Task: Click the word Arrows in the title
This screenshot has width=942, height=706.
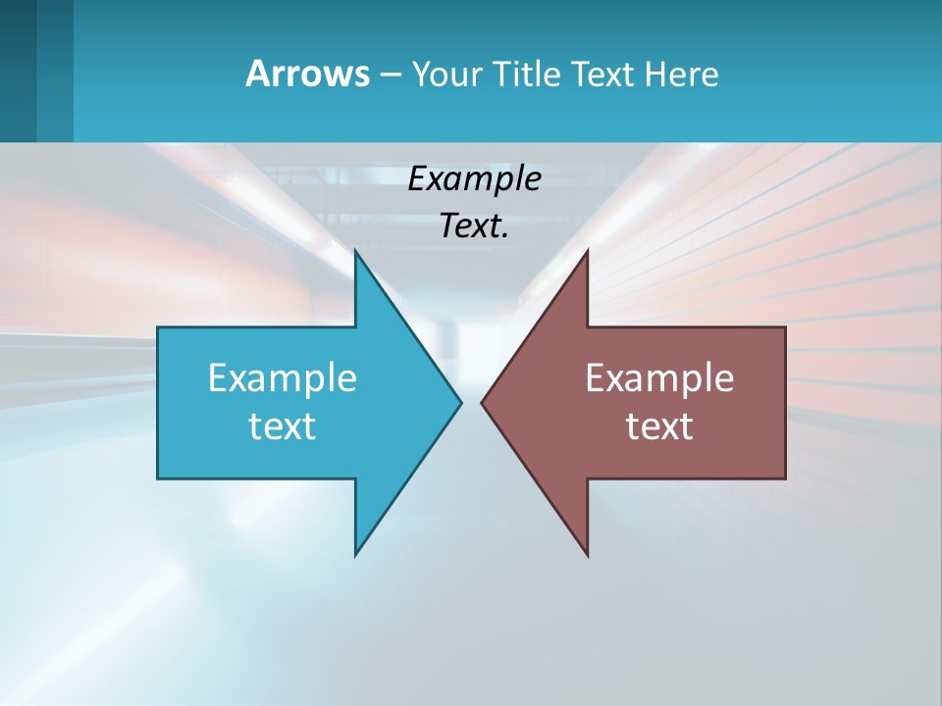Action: tap(306, 74)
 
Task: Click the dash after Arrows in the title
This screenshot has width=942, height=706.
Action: tap(389, 75)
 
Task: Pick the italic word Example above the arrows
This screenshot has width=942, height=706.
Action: tap(474, 178)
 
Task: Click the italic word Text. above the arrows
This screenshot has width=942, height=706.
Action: tap(474, 226)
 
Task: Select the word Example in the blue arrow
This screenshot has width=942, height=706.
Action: tap(282, 378)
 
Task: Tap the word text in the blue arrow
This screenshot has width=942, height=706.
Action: tap(282, 427)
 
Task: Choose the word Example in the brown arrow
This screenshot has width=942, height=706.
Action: tap(659, 378)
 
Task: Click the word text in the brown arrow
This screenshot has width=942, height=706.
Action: tap(659, 427)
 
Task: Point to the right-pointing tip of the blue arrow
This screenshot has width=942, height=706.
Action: tap(460, 402)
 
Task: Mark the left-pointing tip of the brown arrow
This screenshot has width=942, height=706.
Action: tap(482, 402)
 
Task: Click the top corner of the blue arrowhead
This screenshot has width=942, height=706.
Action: tap(356, 252)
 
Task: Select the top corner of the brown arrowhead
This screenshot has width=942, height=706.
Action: tap(587, 252)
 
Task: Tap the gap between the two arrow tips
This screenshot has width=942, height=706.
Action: tap(471, 402)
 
